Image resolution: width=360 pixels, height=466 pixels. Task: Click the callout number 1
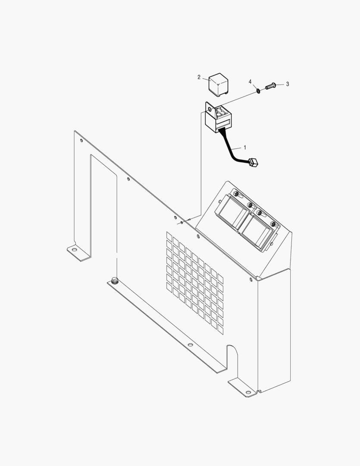(x=245, y=147)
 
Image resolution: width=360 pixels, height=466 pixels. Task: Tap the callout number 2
(x=199, y=77)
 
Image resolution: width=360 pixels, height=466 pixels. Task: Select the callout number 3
(x=288, y=84)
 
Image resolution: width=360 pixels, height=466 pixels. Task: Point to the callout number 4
(x=250, y=82)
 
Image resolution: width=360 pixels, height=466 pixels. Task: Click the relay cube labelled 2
(x=218, y=84)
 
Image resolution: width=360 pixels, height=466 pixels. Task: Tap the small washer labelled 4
(x=259, y=91)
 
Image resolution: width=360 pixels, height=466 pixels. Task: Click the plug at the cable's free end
(x=253, y=162)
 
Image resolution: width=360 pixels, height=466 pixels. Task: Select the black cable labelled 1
(x=232, y=148)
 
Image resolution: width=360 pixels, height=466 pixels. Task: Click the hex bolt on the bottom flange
(x=114, y=280)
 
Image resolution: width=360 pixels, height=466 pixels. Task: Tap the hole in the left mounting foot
(x=73, y=249)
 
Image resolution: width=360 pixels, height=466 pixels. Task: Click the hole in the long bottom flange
(x=190, y=345)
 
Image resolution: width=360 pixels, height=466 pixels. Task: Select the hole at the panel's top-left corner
(x=81, y=140)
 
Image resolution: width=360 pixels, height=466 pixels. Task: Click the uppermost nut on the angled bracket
(x=236, y=194)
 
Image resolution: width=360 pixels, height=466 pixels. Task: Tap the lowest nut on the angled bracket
(x=272, y=224)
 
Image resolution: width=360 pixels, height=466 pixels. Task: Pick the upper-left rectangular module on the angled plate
(x=232, y=212)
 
